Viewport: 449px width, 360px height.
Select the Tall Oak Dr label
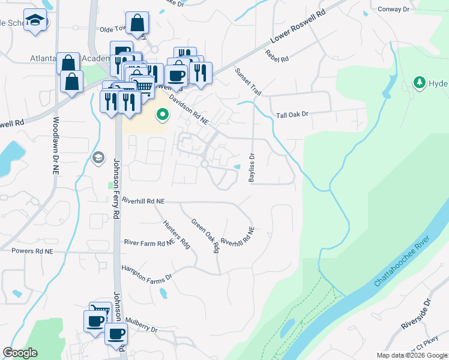292,114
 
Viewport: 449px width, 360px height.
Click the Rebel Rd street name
277,56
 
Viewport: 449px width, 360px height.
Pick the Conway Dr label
394,9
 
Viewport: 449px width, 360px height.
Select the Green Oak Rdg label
205,235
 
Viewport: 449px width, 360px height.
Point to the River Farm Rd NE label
149,243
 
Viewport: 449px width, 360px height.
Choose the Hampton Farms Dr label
146,274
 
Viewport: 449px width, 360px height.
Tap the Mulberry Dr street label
142,329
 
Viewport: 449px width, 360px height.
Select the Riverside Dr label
417,313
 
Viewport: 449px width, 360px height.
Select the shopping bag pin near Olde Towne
137,23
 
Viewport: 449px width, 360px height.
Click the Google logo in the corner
20,353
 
